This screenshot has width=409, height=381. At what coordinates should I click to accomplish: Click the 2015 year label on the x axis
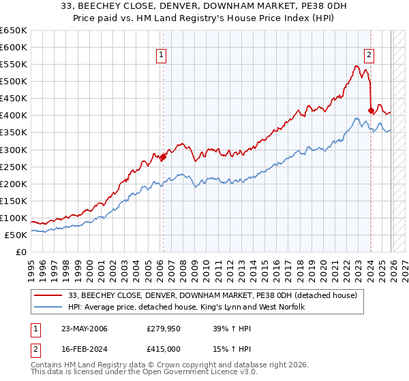[266, 265]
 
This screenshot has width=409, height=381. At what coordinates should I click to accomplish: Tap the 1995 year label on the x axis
[31, 265]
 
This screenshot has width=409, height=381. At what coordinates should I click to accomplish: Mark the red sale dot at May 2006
[163, 156]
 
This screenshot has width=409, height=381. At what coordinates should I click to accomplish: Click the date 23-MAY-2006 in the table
[82, 329]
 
